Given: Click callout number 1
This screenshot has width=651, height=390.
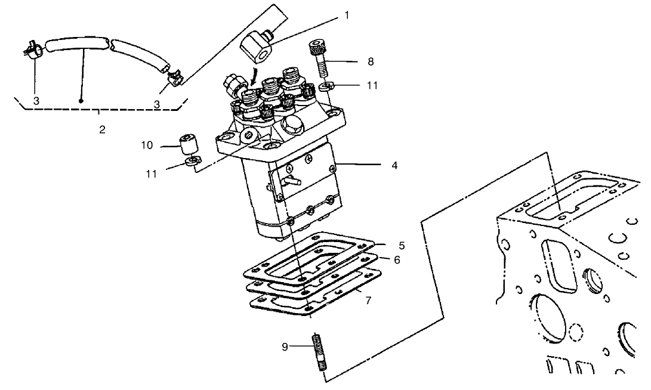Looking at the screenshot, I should [345, 16].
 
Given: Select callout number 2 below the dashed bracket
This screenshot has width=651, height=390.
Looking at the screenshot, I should [102, 129].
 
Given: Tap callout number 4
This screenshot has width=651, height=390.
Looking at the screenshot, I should [394, 165].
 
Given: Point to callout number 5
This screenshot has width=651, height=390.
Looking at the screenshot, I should [402, 245].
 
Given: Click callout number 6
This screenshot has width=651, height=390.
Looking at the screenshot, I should [397, 260].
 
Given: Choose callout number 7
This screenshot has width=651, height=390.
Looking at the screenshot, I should [368, 301].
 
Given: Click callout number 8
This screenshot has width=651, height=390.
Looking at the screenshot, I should [370, 61].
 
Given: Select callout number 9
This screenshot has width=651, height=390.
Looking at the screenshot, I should [285, 346].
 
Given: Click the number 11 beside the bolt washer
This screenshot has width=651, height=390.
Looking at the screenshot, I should [372, 86].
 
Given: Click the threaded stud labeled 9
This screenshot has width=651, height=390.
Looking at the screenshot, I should [317, 355].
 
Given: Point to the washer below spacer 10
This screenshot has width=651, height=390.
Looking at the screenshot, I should [193, 161].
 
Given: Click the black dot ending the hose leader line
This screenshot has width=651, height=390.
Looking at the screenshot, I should [81, 101].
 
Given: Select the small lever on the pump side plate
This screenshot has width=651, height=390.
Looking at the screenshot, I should [290, 178].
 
